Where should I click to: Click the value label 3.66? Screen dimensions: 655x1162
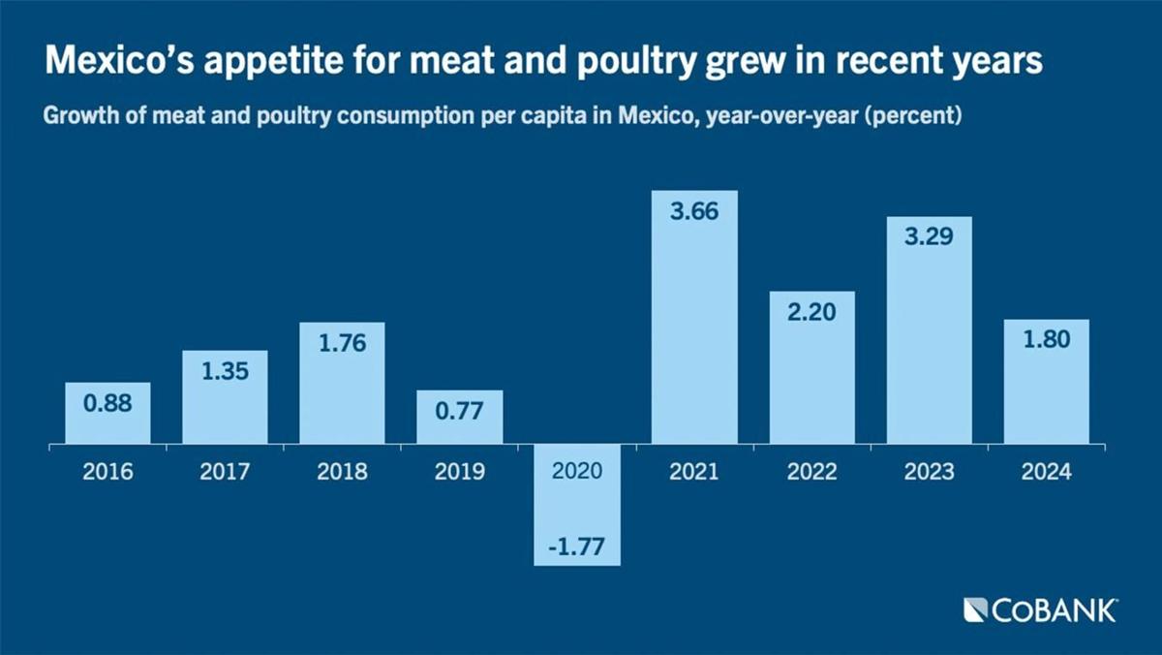pyautogui.click(x=694, y=212)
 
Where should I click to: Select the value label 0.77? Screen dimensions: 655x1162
pyautogui.click(x=459, y=412)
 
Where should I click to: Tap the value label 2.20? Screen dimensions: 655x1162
pyautogui.click(x=811, y=313)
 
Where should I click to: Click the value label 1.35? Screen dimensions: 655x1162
pyautogui.click(x=225, y=372)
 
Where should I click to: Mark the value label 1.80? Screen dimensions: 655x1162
pyautogui.click(x=1046, y=341)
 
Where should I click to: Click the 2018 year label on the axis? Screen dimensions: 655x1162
pyautogui.click(x=342, y=472)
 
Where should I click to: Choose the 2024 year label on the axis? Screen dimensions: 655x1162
pyautogui.click(x=1046, y=472)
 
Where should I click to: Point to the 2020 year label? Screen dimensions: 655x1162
pyautogui.click(x=577, y=472)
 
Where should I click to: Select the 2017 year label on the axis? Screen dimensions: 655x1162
pyautogui.click(x=225, y=472)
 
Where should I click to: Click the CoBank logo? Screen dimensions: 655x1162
pyautogui.click(x=1041, y=610)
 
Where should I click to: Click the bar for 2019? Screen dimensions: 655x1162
pyautogui.click(x=459, y=419)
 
